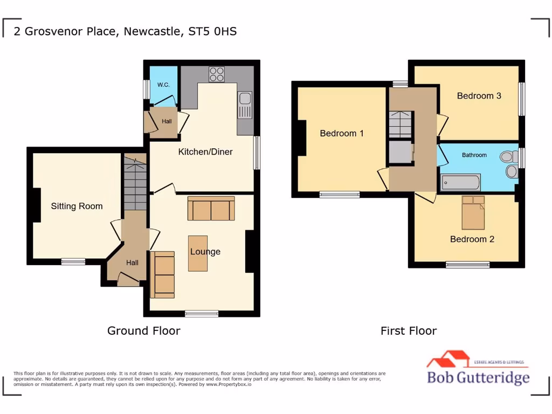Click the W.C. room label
coord(163,85)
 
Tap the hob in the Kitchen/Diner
coord(217,74)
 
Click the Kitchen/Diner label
coord(205,152)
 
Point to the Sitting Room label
coord(77,206)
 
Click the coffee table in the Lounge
coord(198,253)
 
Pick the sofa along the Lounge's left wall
coord(163,274)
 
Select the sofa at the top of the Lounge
coord(211,209)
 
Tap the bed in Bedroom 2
coord(473,212)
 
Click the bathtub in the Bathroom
coord(460,183)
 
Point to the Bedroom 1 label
coord(342,133)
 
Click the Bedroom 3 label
coord(479,96)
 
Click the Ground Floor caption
coord(143,330)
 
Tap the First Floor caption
coord(408,331)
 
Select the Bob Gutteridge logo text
coord(478,377)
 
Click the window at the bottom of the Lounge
coord(202,313)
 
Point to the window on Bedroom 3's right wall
coord(521,99)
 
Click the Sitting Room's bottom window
coord(73,261)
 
